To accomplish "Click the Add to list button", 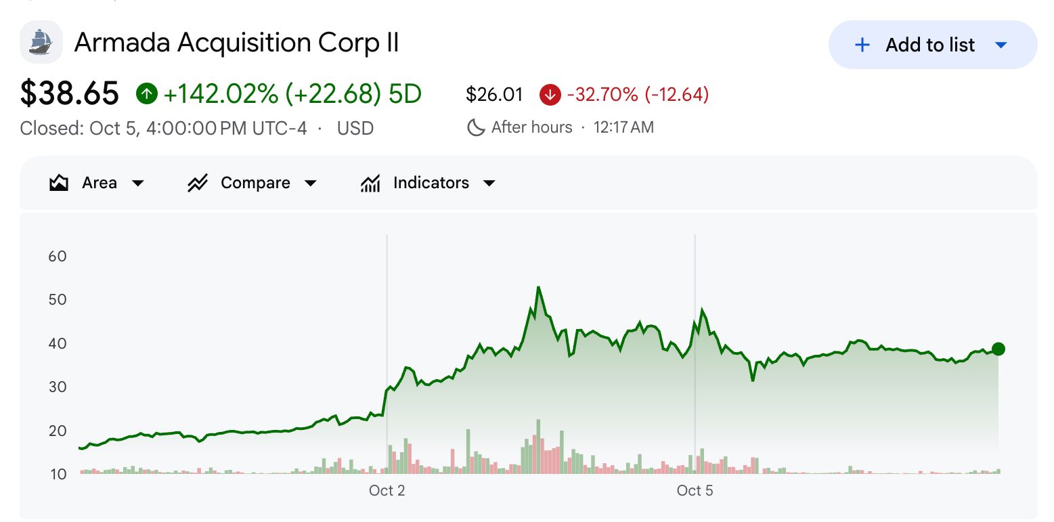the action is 932,45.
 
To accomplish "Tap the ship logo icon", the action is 41,42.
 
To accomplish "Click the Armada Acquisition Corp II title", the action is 237,43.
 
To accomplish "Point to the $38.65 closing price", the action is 69,93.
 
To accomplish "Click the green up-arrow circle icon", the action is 147,93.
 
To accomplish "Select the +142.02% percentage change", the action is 221,93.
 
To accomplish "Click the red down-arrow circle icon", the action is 550,94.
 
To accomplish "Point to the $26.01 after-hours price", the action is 494,94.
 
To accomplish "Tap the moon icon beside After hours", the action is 476,127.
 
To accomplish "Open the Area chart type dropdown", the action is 97,183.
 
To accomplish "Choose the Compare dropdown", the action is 252,183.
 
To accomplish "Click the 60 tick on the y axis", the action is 58,256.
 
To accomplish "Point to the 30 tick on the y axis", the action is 58,387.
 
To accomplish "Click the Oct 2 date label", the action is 387,490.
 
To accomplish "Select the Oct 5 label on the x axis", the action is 695,490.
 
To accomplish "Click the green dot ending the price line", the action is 998,349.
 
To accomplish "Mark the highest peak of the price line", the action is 538,288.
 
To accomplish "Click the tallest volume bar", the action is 538,446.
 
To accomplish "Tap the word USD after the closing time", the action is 355,128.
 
